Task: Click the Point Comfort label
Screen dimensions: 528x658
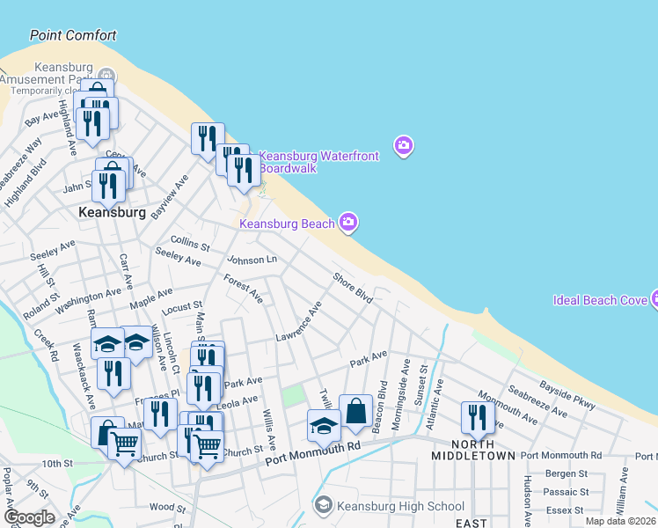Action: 73,36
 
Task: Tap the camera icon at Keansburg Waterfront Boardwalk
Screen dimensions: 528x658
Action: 404,145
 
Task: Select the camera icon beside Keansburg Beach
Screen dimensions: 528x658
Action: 348,223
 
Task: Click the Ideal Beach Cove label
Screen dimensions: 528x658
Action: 601,300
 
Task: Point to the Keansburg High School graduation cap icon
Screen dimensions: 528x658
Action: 324,505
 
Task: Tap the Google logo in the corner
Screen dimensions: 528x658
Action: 29,517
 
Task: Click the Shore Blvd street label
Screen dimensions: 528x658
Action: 352,288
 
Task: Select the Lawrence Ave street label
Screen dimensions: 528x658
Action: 298,323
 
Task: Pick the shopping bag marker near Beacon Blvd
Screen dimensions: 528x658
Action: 355,411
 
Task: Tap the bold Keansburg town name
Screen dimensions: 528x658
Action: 112,213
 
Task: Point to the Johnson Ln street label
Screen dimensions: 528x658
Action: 252,260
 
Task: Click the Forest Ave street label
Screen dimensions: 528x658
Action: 243,287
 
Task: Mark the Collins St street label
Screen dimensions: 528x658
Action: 190,241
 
